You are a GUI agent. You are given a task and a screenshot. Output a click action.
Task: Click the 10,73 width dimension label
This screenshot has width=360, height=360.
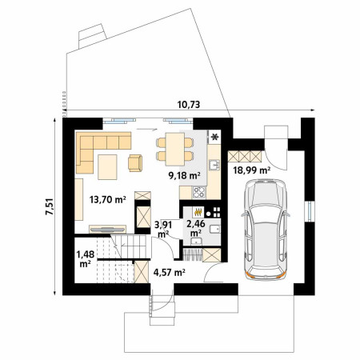[189, 105]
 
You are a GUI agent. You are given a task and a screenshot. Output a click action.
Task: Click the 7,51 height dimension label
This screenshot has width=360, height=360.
[50, 206]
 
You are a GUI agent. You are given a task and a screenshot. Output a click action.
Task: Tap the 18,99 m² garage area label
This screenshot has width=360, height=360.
[252, 170]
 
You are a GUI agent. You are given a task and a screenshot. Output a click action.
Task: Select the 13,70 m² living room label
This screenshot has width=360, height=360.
[108, 199]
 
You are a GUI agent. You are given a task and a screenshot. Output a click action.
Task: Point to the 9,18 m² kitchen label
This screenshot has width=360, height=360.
[184, 175]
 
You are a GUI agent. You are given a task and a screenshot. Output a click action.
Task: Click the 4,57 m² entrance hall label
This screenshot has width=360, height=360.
[170, 272]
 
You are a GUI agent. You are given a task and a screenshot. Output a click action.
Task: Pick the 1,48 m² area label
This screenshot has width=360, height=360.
[86, 258]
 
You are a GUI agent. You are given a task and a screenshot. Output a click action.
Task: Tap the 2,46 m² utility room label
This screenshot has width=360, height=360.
[196, 228]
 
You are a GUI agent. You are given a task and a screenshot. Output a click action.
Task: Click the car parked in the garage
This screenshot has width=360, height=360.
[266, 230]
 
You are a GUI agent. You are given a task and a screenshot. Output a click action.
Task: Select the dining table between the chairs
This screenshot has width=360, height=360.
[174, 149]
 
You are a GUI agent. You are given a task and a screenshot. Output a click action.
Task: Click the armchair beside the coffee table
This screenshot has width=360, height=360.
[135, 163]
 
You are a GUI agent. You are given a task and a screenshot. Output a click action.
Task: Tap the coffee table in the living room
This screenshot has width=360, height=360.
[107, 167]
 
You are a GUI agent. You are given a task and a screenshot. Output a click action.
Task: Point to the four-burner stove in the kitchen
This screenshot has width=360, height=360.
[199, 192]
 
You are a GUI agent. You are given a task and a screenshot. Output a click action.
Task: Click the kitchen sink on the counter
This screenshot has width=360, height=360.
[214, 165]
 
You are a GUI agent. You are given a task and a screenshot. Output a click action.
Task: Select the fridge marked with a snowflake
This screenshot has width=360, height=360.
[214, 137]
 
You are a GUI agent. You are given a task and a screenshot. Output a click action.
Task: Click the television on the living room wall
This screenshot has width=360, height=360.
[107, 229]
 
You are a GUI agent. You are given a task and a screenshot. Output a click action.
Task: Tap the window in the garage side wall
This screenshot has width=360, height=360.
[310, 211]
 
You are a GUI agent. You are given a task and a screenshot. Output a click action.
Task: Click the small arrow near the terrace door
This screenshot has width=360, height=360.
[146, 130]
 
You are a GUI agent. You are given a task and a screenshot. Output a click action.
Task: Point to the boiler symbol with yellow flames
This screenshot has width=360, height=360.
[198, 212]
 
